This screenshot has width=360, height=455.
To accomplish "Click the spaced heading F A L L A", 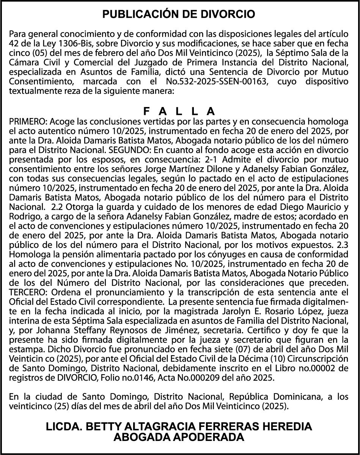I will click(x=179, y=111).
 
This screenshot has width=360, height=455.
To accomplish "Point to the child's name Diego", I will click(x=290, y=207).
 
